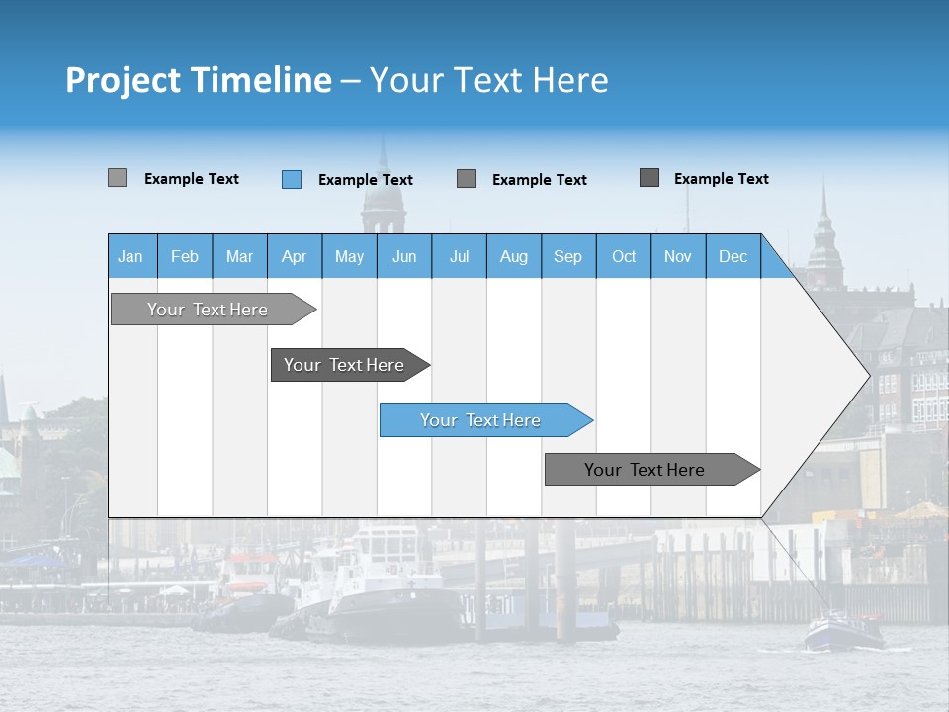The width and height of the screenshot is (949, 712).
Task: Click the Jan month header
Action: (x=131, y=256)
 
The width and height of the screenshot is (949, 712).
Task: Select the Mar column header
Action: (x=239, y=256)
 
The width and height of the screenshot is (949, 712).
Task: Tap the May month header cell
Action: (x=349, y=256)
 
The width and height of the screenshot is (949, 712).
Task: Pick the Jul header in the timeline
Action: (x=459, y=256)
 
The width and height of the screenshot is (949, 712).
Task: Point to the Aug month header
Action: (x=513, y=256)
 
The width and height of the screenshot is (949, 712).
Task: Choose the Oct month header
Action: (x=623, y=256)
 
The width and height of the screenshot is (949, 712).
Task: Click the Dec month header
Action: (x=733, y=256)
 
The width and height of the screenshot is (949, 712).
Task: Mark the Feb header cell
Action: (x=185, y=256)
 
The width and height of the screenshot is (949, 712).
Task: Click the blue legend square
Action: (x=292, y=179)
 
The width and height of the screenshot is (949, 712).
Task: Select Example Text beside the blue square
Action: (x=365, y=180)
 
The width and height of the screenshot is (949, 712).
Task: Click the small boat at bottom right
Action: (x=843, y=631)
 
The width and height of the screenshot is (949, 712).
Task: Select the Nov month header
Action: (x=677, y=256)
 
